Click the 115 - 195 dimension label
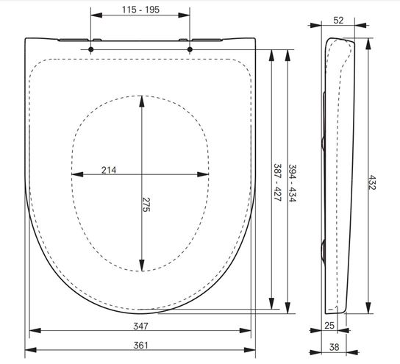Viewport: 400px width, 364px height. point(140,10)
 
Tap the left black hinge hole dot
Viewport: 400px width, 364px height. point(91,49)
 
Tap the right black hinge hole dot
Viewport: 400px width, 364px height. point(190,49)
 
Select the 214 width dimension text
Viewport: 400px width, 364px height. point(109,170)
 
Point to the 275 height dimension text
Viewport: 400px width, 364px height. point(146,204)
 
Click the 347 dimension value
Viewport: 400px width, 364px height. point(140,326)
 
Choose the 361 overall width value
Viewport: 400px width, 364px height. point(140,345)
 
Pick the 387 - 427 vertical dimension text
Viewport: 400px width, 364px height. point(277,182)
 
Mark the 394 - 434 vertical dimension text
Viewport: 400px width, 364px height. point(293,183)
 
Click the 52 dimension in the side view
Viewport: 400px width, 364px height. point(338,20)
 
